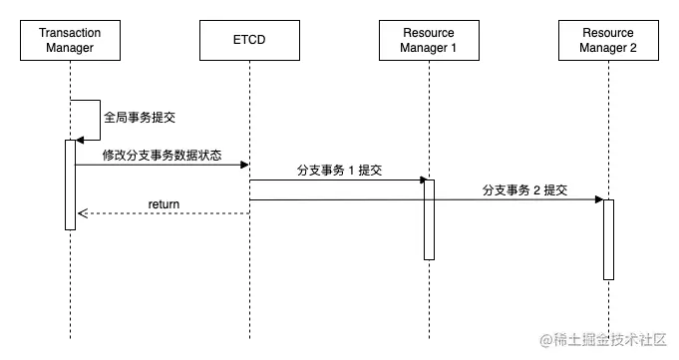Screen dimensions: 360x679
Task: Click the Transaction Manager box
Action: point(70,41)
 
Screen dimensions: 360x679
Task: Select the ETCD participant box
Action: point(249,41)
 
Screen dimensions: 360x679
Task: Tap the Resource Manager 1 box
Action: point(429,41)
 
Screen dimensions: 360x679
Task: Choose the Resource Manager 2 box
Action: point(608,41)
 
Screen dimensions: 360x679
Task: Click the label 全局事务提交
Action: point(141,117)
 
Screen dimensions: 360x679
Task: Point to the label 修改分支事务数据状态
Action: point(162,156)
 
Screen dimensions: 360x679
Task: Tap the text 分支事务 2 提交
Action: point(524,189)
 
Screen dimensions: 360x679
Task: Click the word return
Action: point(164,204)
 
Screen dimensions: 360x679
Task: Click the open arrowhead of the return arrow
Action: point(82,212)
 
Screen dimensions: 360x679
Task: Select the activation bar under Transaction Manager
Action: point(70,184)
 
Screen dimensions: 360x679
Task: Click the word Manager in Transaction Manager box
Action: point(70,47)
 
